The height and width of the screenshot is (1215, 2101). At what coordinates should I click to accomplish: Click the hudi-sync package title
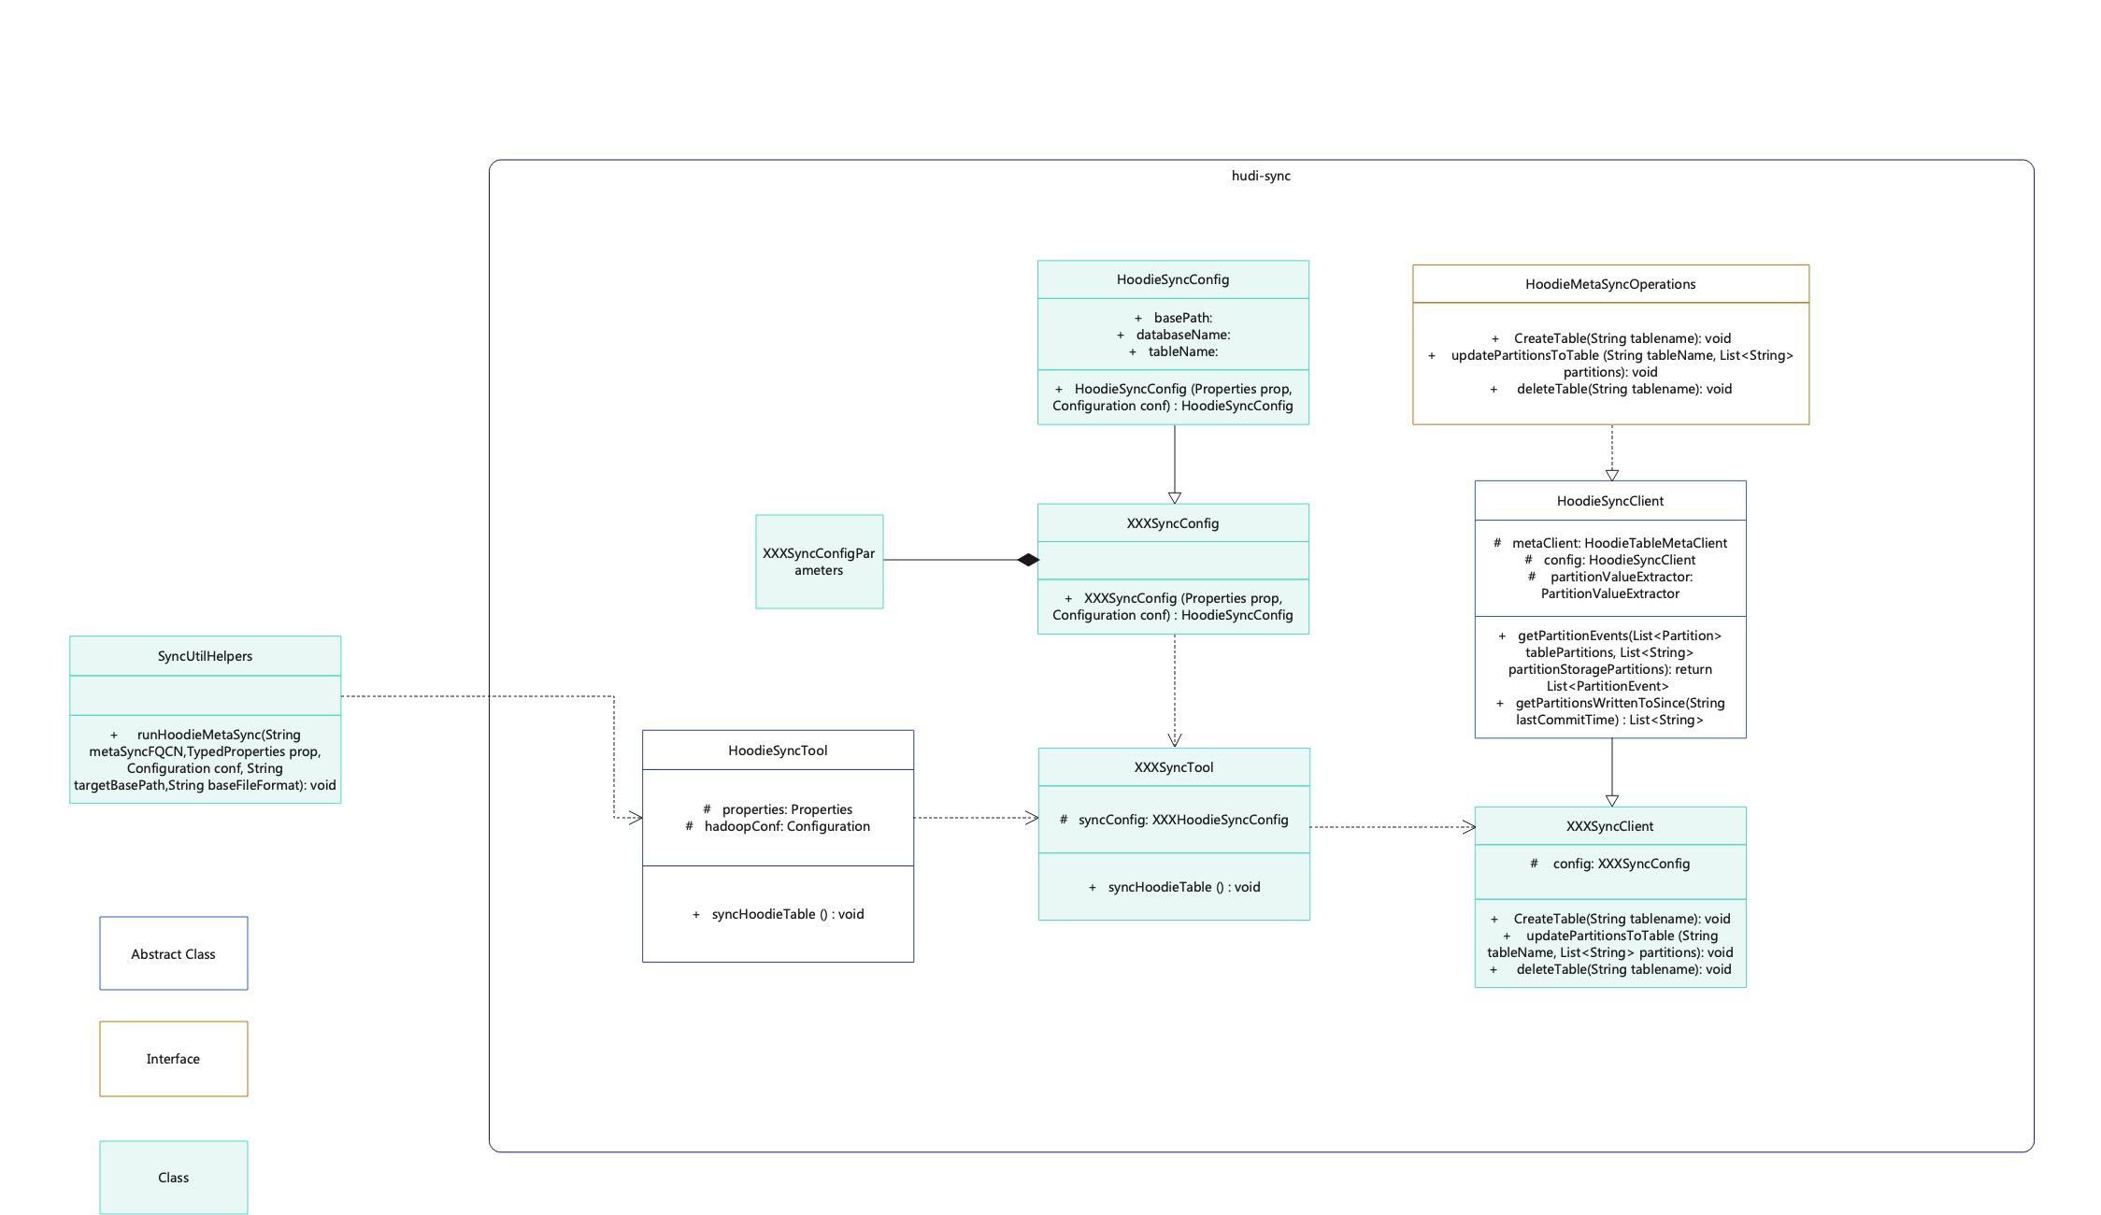pyautogui.click(x=1260, y=176)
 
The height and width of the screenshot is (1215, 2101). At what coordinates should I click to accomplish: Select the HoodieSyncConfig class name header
pyautogui.click(x=1172, y=279)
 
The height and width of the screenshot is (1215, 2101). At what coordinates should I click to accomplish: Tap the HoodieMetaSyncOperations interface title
pyautogui.click(x=1609, y=284)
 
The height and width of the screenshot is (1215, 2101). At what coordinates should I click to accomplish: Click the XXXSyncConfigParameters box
pyautogui.click(x=819, y=562)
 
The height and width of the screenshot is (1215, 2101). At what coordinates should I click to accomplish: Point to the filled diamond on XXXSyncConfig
pyautogui.click(x=1028, y=560)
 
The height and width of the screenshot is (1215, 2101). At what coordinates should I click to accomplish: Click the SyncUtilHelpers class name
pyautogui.click(x=205, y=656)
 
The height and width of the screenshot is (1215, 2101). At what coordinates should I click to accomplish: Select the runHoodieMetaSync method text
pyautogui.click(x=205, y=760)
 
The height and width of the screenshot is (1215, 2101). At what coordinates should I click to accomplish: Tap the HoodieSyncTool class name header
pyautogui.click(x=777, y=750)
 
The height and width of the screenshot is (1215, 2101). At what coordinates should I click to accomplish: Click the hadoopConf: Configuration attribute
pyautogui.click(x=786, y=826)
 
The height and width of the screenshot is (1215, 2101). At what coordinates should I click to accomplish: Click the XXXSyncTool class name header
pyautogui.click(x=1173, y=767)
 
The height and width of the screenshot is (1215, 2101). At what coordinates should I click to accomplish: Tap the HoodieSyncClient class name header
pyautogui.click(x=1609, y=501)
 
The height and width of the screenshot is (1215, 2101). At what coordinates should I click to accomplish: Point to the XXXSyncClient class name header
pyautogui.click(x=1609, y=826)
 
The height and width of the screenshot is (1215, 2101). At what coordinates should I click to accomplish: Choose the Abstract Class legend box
pyautogui.click(x=174, y=953)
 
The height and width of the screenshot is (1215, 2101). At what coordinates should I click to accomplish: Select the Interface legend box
pyautogui.click(x=174, y=1058)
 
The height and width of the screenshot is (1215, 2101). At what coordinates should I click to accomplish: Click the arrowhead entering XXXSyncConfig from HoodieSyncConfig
pyautogui.click(x=1175, y=497)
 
